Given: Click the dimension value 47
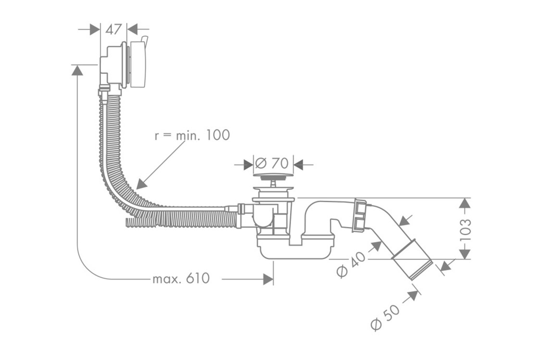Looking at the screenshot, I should click(113, 29).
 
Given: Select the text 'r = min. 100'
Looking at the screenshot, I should click(192, 135).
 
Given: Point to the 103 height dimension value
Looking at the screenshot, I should click(465, 229).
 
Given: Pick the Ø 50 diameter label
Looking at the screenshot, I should click(385, 317).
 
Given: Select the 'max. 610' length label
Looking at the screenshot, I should click(181, 278).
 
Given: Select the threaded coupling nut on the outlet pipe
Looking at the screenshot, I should click(360, 216).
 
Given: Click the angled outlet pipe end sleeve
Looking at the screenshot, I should click(412, 266).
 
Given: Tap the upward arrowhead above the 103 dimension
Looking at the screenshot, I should click(464, 204).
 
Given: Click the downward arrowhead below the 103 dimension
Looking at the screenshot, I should click(464, 253).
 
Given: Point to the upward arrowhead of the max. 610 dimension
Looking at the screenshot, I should click(77, 71).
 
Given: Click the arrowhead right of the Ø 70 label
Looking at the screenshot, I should click(299, 165).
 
